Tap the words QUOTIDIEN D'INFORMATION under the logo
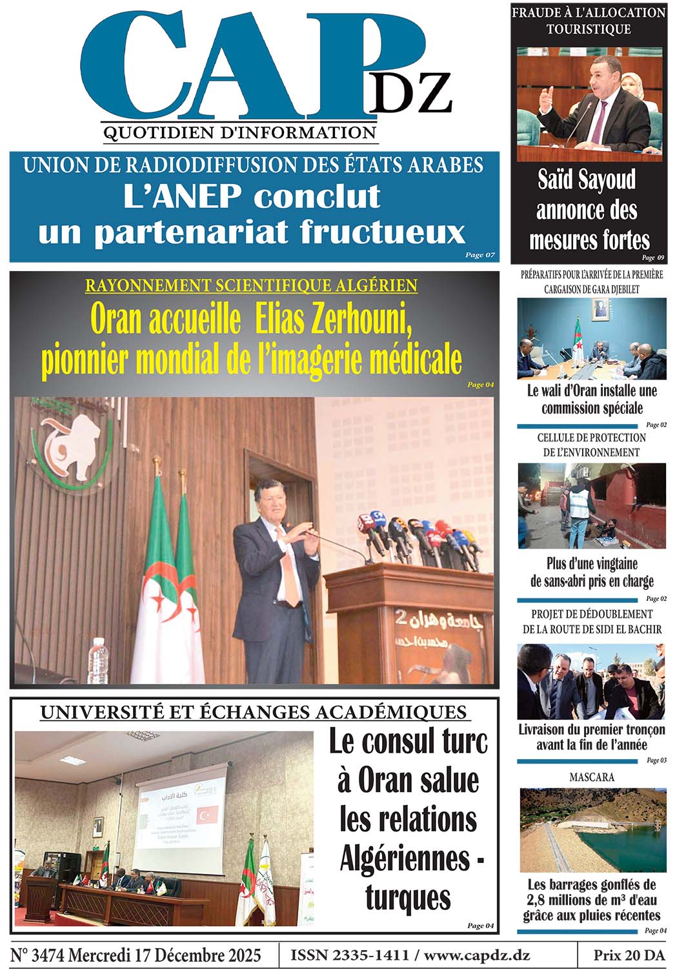(x=239, y=133)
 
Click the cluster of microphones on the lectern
(x=419, y=536)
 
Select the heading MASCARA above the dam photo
(x=591, y=777)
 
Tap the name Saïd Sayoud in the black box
(x=587, y=180)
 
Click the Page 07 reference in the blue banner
(x=480, y=255)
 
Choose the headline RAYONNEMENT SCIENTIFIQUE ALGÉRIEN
(x=251, y=285)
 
